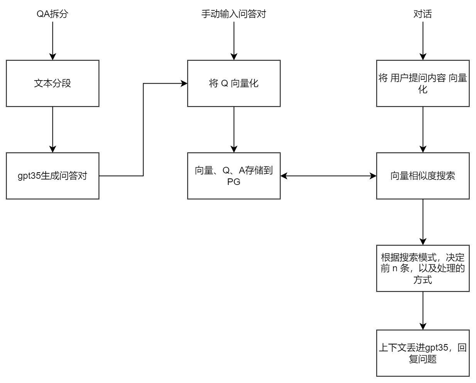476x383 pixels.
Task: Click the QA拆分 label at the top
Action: (52, 14)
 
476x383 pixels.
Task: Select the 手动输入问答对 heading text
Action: (234, 14)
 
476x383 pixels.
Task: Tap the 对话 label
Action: (423, 14)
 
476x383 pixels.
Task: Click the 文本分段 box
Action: (52, 83)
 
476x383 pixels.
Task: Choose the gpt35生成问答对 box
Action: (52, 176)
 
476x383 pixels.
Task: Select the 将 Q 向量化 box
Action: (234, 83)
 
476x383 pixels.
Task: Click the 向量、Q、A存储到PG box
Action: (234, 176)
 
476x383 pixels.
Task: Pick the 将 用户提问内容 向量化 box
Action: (423, 83)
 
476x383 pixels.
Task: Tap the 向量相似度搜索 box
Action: (423, 176)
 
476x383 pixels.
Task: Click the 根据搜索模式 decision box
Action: (423, 268)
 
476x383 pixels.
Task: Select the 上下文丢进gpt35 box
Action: (423, 353)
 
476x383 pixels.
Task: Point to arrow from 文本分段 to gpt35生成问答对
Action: (52, 129)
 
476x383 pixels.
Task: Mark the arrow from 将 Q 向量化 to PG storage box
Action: (234, 129)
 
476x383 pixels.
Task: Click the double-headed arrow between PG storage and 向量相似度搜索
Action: (328, 176)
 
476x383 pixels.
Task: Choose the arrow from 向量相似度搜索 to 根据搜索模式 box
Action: (423, 222)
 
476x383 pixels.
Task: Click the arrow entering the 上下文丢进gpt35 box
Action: (423, 310)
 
